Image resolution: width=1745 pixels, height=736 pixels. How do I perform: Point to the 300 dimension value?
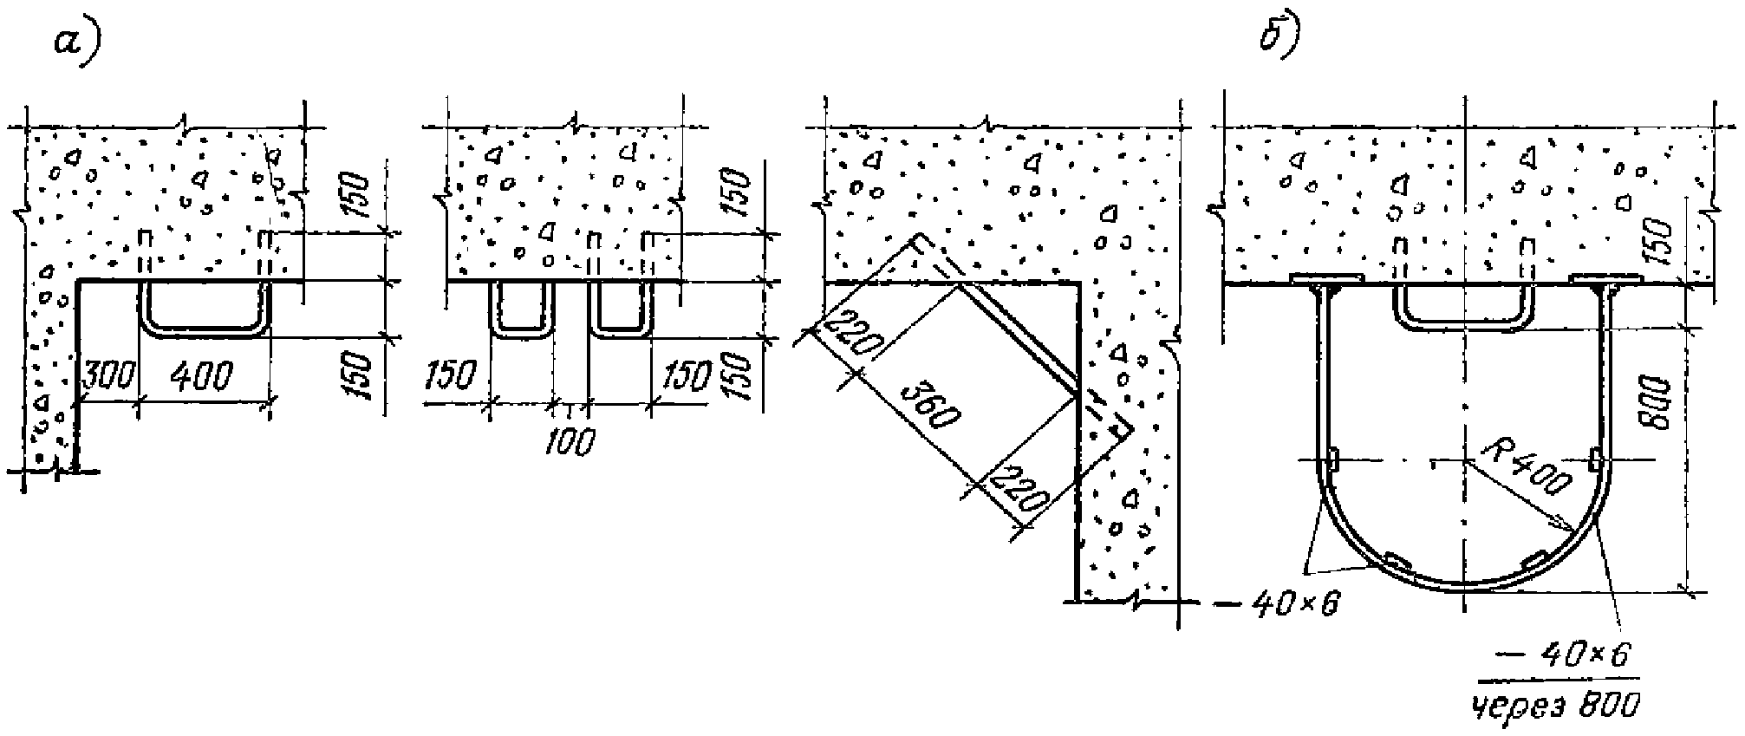[108, 375]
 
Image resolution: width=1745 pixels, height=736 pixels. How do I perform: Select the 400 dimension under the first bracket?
[201, 376]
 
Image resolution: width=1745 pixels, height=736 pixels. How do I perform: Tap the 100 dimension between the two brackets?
[570, 441]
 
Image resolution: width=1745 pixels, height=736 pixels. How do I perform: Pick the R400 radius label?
[1526, 472]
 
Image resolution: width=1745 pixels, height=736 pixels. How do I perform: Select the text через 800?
[1556, 707]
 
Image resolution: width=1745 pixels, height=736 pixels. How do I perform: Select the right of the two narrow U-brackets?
[619, 329]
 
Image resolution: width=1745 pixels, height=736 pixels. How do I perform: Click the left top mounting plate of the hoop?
[1325, 279]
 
